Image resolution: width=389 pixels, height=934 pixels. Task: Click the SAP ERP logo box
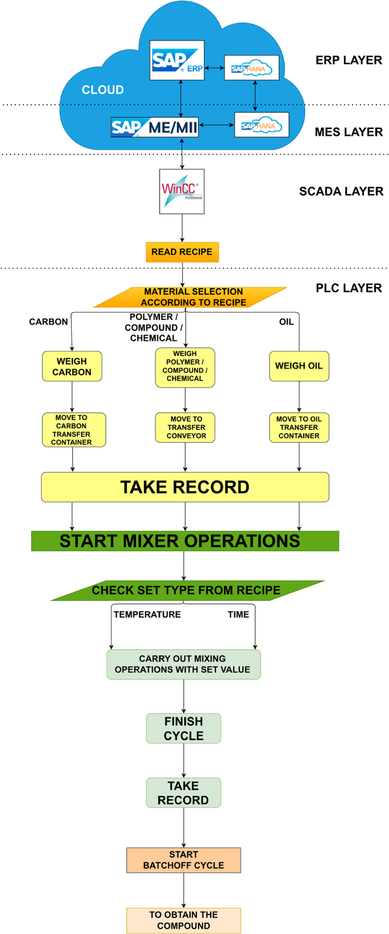[177, 60]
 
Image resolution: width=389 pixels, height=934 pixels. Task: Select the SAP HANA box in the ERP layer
[251, 68]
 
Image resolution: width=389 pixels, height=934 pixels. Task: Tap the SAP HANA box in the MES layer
[261, 125]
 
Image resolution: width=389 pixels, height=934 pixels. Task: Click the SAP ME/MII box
[154, 127]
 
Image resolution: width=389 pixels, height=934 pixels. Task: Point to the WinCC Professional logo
[182, 191]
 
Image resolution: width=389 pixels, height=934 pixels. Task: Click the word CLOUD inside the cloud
[103, 90]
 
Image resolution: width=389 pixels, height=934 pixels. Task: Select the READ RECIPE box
[182, 252]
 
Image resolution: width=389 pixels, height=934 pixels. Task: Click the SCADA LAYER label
[341, 191]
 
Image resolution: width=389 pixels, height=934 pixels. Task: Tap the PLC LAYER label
[348, 288]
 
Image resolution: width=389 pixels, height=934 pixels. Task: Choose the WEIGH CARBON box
[72, 366]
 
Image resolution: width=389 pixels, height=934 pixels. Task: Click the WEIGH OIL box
[299, 366]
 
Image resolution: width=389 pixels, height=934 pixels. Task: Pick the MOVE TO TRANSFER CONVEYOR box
[185, 427]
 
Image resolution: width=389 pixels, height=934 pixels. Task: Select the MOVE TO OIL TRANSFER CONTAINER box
[299, 427]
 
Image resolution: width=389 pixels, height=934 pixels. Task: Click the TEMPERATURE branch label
[147, 614]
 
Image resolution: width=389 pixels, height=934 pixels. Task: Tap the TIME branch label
[238, 614]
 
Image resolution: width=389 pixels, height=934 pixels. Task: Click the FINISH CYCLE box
[183, 728]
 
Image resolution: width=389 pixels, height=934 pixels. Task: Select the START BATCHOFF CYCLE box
[183, 860]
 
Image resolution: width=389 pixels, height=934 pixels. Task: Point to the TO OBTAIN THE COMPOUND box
[183, 920]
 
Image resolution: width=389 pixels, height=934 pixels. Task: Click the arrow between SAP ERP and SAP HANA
[214, 68]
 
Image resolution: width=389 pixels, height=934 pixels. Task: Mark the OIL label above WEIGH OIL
[286, 322]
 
